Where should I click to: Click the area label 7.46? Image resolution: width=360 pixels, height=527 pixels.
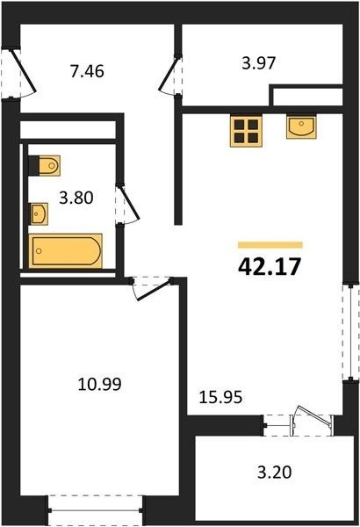87,72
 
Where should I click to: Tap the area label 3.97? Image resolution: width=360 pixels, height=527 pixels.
259,63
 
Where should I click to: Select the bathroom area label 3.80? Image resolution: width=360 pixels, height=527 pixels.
76,198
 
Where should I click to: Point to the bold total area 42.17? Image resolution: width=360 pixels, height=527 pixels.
269,267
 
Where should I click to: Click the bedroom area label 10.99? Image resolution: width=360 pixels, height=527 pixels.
99,384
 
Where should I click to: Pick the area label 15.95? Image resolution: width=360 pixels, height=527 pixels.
220,397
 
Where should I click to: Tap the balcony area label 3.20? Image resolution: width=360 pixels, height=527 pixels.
274,473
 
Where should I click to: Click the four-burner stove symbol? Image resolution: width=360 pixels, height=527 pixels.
246,131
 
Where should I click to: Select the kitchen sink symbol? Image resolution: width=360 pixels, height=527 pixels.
301,126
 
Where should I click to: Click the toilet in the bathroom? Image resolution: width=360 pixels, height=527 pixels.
45,165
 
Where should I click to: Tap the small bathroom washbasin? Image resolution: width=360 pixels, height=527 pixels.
39,213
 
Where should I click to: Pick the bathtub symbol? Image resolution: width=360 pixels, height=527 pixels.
66,250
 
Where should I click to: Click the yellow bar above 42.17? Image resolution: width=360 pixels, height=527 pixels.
270,245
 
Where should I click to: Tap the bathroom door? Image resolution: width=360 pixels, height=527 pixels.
129,204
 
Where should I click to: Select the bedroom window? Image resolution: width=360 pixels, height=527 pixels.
95,511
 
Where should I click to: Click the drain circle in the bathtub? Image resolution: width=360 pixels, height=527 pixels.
39,250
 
